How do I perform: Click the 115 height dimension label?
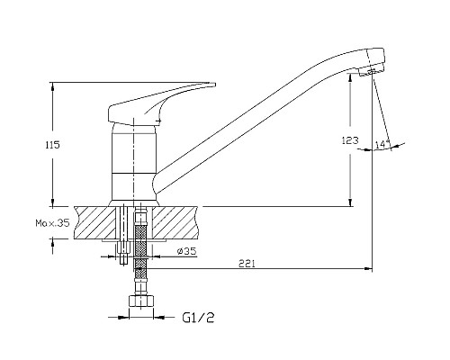pos(53,145)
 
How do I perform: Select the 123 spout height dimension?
pos(350,140)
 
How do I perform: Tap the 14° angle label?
pos(382,144)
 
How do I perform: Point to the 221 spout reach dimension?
pos(247,264)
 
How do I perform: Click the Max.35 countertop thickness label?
pos(53,223)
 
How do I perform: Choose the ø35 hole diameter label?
pos(186,251)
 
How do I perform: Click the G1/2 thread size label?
pos(198,318)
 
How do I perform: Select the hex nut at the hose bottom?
pos(141,301)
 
